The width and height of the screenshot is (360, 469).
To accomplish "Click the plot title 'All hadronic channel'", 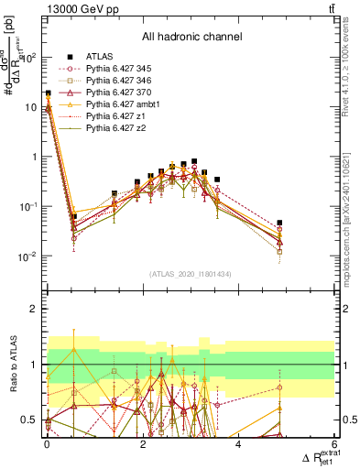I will pyautogui.click(x=191, y=38).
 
